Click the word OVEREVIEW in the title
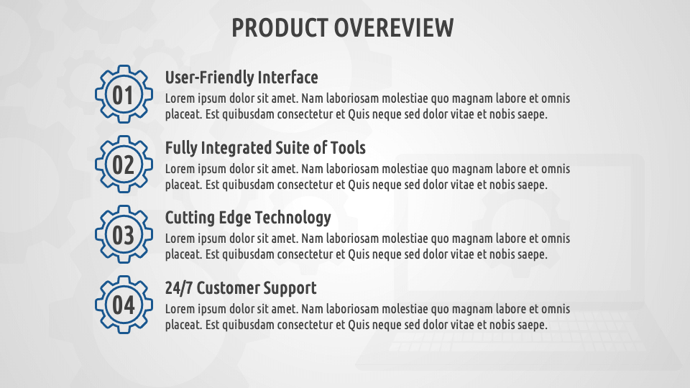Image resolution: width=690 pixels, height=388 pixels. [394, 28]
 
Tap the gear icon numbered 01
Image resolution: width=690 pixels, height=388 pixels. [124, 95]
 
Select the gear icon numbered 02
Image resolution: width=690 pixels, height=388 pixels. [124, 165]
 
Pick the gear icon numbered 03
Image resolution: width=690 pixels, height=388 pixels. [124, 234]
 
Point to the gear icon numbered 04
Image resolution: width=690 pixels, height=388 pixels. [124, 305]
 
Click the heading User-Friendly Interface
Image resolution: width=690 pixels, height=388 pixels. [241, 78]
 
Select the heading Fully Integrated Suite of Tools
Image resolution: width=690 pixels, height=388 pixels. [265, 148]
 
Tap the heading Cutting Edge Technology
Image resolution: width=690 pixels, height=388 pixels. [248, 218]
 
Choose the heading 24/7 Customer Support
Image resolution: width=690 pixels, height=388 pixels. [241, 288]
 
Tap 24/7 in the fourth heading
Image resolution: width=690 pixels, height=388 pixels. [179, 288]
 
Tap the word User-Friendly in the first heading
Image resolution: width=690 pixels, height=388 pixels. [209, 78]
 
